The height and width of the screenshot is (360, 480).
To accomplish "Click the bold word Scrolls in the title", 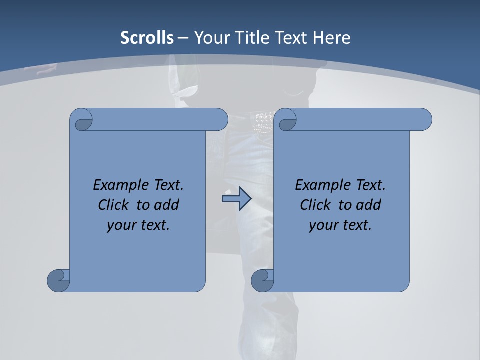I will [147, 38].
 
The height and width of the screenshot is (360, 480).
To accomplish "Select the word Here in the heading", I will [332, 38].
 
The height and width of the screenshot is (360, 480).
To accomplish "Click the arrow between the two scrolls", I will [236, 199].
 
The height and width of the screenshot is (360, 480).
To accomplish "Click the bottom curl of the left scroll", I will [58, 280].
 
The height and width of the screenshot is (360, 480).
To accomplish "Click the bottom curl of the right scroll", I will [262, 280].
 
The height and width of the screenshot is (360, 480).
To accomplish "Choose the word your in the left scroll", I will [120, 225].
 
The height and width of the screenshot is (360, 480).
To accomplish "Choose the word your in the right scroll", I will [322, 225].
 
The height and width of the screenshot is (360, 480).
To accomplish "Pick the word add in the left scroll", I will [167, 205].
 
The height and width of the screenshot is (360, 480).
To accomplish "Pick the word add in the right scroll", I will [369, 205].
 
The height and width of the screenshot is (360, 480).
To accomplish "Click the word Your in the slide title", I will [210, 38].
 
